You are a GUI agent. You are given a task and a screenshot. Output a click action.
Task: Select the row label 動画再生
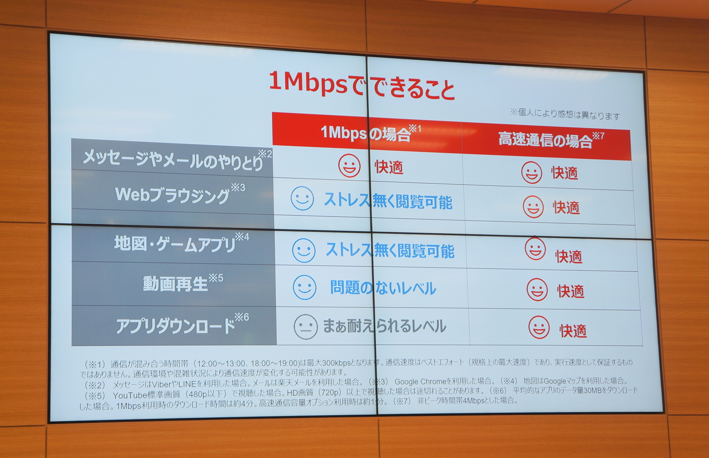pos(183,283)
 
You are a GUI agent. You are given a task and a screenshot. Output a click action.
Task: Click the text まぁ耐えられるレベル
pos(385,326)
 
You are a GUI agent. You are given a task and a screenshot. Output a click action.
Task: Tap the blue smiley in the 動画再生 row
pos(304,287)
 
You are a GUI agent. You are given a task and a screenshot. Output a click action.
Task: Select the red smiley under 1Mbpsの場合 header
pos(349,166)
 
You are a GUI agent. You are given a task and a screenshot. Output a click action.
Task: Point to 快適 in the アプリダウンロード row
pos(573,331)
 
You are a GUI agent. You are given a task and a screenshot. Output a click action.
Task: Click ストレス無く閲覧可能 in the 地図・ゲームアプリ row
pos(390,250)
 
